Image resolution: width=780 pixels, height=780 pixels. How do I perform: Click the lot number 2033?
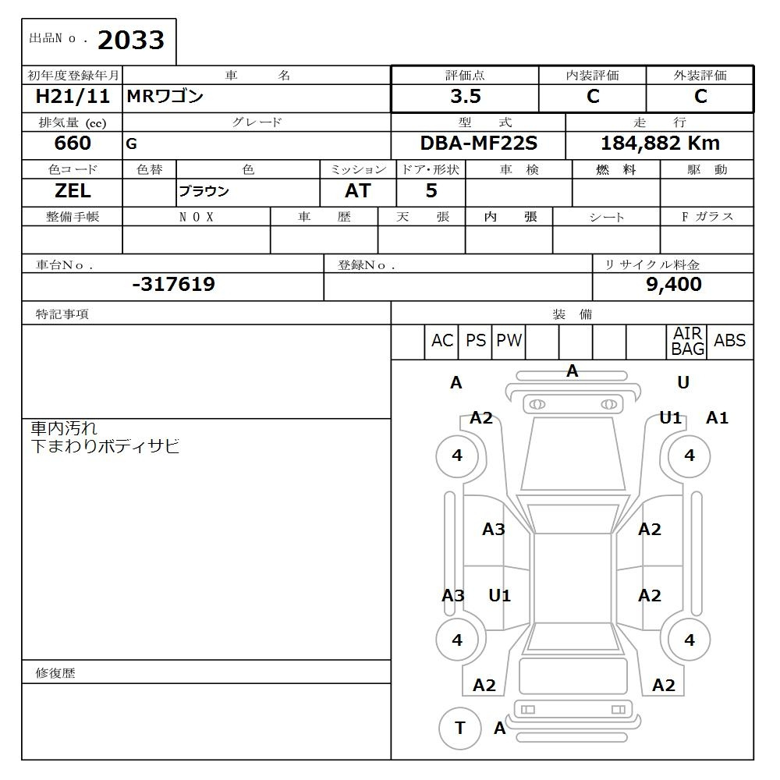pyautogui.click(x=130, y=41)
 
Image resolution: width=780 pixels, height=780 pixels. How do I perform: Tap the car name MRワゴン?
pyautogui.click(x=165, y=97)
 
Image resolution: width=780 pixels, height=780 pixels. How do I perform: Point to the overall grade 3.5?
pyautogui.click(x=466, y=97)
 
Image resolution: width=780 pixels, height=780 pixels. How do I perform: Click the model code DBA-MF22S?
pyautogui.click(x=479, y=144)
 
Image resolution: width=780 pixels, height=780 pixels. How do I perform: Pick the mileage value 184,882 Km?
pyautogui.click(x=660, y=144)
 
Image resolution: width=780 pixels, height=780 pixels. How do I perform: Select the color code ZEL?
pyautogui.click(x=73, y=191)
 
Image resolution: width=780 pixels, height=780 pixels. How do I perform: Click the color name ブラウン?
pyautogui.click(x=204, y=192)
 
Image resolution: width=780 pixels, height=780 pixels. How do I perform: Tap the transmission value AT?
pyautogui.click(x=357, y=191)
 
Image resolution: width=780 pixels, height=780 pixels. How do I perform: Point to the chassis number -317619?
pyautogui.click(x=173, y=285)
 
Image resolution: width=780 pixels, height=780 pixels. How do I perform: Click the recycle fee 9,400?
pyautogui.click(x=673, y=285)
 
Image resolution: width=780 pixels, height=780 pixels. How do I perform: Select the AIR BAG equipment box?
pyautogui.click(x=687, y=342)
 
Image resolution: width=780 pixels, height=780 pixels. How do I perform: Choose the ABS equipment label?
pyautogui.click(x=729, y=341)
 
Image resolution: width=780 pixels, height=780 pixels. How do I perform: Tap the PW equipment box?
pyautogui.click(x=509, y=341)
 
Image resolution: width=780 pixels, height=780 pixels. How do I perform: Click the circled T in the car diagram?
pyautogui.click(x=459, y=728)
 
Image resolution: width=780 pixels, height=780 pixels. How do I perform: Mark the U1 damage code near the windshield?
pyautogui.click(x=670, y=417)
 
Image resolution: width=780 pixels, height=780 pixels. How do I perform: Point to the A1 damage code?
pyautogui.click(x=717, y=418)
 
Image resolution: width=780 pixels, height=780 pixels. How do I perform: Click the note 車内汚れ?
pyautogui.click(x=64, y=428)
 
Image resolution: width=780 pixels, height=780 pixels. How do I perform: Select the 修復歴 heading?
pyautogui.click(x=55, y=672)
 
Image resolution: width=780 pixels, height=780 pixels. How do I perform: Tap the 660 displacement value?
pyautogui.click(x=73, y=144)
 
